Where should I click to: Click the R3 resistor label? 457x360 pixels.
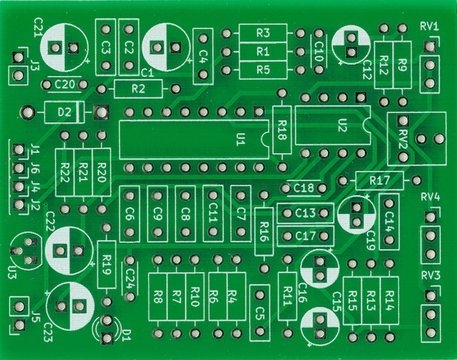(263, 33)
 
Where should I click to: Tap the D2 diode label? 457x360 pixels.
(65, 112)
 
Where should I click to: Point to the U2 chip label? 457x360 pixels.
(342, 125)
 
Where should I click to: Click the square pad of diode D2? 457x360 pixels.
(101, 112)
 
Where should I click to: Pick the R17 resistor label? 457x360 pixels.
(379, 181)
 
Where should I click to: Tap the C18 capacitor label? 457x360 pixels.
(304, 189)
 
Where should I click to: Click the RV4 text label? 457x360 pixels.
(430, 197)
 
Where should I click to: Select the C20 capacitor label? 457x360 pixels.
(65, 85)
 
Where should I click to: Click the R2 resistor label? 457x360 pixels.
(138, 89)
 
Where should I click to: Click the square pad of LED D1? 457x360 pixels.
(107, 338)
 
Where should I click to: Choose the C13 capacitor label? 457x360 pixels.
(306, 213)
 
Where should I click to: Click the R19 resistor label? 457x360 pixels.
(107, 265)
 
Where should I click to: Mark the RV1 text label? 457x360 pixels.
(430, 26)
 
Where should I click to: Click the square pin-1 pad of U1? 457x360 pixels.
(259, 111)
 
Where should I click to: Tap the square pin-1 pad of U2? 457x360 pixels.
(361, 97)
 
